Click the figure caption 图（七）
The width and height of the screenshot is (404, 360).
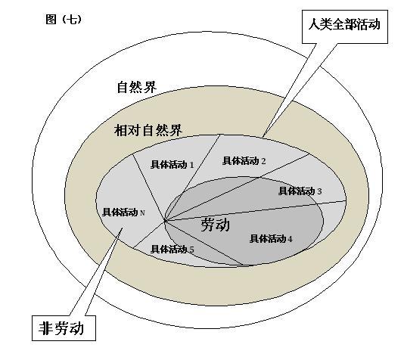pos(64,20)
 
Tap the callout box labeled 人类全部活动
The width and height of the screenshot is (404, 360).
pos(345,26)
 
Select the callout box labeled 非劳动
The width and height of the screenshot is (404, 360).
pos(64,327)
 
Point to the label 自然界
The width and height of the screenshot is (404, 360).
pos(136,87)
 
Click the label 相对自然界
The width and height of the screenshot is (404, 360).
pos(148,130)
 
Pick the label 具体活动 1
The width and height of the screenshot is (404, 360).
pos(172,165)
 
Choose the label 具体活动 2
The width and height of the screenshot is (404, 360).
pos(244,161)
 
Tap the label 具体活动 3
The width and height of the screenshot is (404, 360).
pos(300,191)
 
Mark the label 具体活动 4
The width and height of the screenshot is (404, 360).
pos(271,239)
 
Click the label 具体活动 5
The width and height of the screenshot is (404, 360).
pos(172,250)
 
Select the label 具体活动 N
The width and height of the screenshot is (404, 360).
pos(123,213)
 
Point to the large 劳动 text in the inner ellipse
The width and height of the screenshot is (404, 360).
pos(215,225)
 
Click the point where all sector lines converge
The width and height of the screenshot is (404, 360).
pos(165,221)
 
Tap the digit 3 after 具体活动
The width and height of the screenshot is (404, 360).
pos(319,191)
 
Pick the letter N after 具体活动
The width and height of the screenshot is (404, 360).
pos(142,213)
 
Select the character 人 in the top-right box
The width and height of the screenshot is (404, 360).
pos(314,24)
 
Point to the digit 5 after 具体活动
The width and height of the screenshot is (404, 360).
pos(191,250)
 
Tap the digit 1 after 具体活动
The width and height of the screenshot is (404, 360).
pos(191,165)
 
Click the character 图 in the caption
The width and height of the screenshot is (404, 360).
pos(51,20)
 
